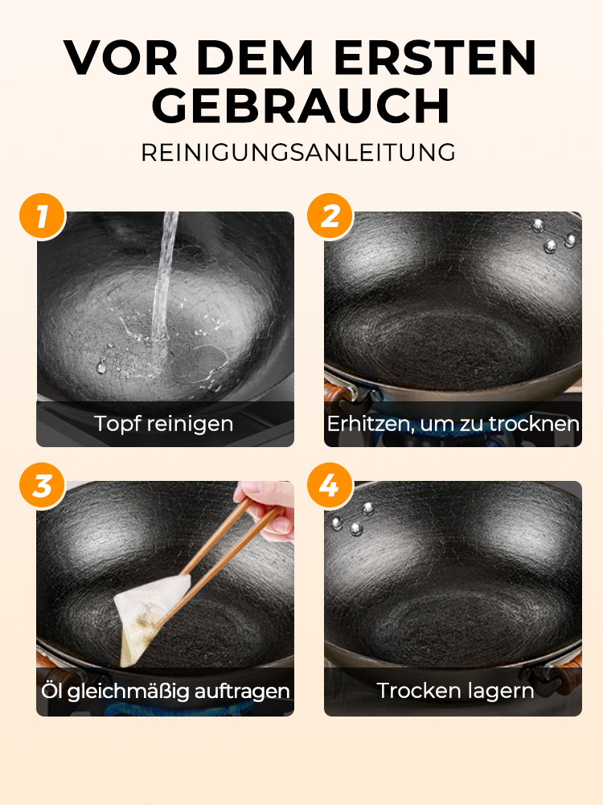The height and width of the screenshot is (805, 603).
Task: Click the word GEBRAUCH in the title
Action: click(301, 106)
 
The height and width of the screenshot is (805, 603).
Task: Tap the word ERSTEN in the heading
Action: click(435, 57)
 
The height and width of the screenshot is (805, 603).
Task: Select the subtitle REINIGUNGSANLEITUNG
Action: click(298, 153)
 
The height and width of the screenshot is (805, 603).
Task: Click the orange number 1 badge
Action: click(43, 216)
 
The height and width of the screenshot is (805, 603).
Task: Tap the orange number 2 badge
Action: click(330, 216)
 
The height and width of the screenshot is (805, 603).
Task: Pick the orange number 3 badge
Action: click(43, 486)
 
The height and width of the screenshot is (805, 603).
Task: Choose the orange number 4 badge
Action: click(330, 486)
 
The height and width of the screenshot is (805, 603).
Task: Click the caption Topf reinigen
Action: click(164, 424)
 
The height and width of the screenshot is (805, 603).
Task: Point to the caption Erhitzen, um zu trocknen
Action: click(453, 424)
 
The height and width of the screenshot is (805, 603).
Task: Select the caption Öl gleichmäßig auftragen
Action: click(166, 691)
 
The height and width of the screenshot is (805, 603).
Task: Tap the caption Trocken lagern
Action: click(455, 691)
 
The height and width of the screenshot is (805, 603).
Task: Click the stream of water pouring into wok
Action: click(164, 282)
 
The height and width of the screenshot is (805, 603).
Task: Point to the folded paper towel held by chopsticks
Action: click(149, 616)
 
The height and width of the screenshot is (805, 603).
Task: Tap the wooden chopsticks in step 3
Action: click(220, 560)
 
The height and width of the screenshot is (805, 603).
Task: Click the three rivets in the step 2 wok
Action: click(553, 237)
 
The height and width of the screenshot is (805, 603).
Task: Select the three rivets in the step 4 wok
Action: click(352, 520)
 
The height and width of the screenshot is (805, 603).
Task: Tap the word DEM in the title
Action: click(255, 57)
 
